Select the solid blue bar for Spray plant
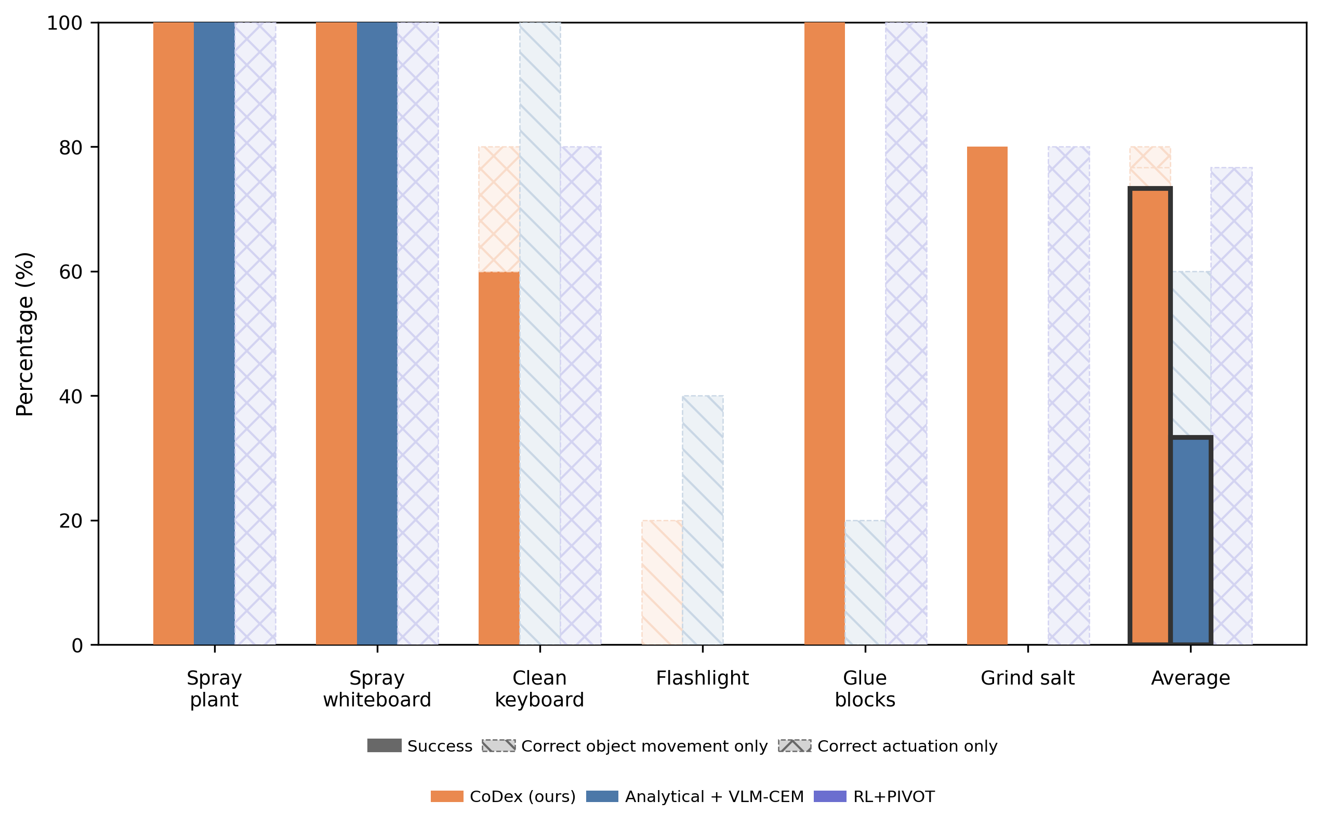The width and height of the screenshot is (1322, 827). coord(214,334)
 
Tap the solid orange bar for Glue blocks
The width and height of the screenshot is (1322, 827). coord(824,334)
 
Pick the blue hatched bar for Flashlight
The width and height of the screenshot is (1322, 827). coord(703,520)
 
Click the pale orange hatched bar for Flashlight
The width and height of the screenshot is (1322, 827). coord(662,582)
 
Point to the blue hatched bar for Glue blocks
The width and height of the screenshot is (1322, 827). coord(865,582)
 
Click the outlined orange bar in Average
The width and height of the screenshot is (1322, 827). coord(1150,416)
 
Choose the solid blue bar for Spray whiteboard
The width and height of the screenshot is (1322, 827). coord(377,334)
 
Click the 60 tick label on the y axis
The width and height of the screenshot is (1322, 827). coord(71,272)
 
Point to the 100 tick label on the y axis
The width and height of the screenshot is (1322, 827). coord(64,23)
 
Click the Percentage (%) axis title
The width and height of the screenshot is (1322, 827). coord(25,334)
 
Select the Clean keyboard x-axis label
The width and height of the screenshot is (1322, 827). coord(539,689)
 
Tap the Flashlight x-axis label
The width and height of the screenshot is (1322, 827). coord(702,678)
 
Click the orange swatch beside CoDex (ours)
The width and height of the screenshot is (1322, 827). coord(447,796)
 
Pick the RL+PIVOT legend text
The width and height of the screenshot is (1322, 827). coord(893,796)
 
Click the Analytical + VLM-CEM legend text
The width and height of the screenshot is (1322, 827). coord(714,796)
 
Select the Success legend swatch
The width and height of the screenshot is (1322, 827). coord(385,745)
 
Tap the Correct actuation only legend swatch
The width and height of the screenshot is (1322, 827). coord(795,745)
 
